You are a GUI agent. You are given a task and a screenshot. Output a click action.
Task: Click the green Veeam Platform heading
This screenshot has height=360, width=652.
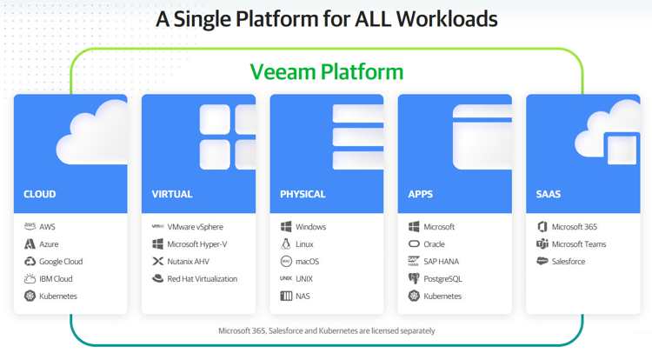(x=326, y=72)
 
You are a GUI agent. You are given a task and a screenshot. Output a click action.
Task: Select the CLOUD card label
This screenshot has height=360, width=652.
(x=40, y=194)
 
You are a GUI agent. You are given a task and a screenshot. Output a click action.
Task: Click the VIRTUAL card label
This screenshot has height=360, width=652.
(x=172, y=194)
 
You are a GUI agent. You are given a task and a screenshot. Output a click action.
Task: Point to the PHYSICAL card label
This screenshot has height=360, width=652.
(x=303, y=194)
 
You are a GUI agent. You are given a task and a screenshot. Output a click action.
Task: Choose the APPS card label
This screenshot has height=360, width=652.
(x=421, y=194)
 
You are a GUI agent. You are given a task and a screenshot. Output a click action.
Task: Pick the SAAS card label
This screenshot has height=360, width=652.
(x=549, y=194)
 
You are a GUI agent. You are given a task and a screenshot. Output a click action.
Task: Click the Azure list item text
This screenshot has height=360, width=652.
(x=49, y=244)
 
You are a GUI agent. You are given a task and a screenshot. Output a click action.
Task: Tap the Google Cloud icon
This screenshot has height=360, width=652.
(x=30, y=261)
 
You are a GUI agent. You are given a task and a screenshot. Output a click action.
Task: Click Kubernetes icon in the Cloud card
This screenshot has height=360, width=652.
(x=30, y=296)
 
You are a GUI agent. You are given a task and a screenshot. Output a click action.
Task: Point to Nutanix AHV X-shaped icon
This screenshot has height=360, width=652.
(x=158, y=261)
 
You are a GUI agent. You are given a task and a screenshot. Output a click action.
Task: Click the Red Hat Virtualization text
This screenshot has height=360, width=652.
(x=203, y=278)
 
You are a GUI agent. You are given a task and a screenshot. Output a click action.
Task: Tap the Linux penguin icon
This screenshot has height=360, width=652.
(x=286, y=244)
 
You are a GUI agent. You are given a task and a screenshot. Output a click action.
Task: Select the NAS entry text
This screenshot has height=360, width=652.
(x=303, y=296)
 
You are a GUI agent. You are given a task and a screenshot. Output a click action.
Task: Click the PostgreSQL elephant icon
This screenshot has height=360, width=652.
(x=414, y=278)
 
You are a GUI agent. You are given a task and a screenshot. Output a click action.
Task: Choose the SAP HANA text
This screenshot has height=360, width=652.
(x=441, y=262)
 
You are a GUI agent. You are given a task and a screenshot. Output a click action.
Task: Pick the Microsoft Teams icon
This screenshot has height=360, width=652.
(x=542, y=243)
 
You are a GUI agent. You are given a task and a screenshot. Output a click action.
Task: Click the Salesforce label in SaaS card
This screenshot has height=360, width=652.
(x=569, y=262)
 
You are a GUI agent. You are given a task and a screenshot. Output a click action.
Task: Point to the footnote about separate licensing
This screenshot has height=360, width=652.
(x=327, y=331)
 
